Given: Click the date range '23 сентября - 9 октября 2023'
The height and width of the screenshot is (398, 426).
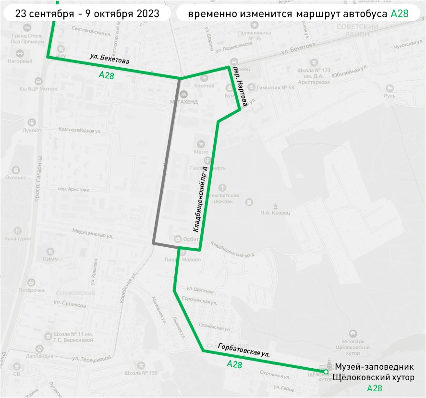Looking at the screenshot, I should pyautogui.click(x=87, y=13).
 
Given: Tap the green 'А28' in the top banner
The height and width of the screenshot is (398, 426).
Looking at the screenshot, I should pyautogui.click(x=400, y=13).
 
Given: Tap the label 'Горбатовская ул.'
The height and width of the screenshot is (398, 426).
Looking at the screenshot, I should pyautogui.click(x=243, y=351).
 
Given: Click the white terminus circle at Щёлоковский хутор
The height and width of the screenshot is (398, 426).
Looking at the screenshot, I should pyautogui.click(x=326, y=372).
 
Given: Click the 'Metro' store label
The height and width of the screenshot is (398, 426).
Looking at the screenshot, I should pyautogui.click(x=201, y=152).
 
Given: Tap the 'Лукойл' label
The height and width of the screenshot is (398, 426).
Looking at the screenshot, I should pyautogui.click(x=31, y=130).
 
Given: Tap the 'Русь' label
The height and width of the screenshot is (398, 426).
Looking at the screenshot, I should pyautogui.click(x=389, y=96).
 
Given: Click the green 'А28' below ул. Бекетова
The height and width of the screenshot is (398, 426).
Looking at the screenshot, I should pyautogui.click(x=106, y=75).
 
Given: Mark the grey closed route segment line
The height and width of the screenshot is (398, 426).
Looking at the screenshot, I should pyautogui.click(x=166, y=163).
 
